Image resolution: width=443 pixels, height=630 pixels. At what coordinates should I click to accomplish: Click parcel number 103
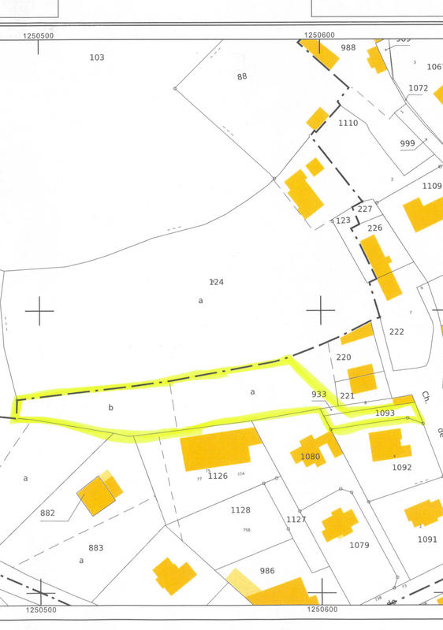point(97,57)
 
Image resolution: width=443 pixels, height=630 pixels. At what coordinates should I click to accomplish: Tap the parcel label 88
point(242,76)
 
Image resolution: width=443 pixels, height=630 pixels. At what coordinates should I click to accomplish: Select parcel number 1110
point(348,123)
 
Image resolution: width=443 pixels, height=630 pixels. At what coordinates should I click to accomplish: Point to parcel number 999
point(408,143)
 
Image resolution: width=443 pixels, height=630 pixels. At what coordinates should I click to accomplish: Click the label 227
point(364,209)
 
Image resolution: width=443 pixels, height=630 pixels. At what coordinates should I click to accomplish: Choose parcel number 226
point(374,228)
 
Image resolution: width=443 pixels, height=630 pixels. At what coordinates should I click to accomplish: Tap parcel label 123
point(342,221)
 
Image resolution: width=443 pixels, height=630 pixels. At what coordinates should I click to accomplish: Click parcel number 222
point(396,332)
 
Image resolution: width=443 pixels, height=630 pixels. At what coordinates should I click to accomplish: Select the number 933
point(318,394)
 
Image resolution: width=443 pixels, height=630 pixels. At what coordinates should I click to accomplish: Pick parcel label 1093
point(384,412)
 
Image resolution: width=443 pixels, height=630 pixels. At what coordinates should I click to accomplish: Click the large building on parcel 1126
point(218,450)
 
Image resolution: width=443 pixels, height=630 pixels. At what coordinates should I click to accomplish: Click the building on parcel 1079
point(338,524)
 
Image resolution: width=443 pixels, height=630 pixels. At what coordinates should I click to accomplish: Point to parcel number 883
point(96,547)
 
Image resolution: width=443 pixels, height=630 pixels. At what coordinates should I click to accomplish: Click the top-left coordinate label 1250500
point(38,35)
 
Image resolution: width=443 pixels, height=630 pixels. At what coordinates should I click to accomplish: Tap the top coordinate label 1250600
point(319,35)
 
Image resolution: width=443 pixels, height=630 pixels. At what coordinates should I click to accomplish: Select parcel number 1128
point(240,510)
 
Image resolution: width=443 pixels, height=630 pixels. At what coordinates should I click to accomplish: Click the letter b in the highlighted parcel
point(110,408)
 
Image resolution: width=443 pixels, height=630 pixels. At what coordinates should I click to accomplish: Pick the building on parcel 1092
point(389,444)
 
